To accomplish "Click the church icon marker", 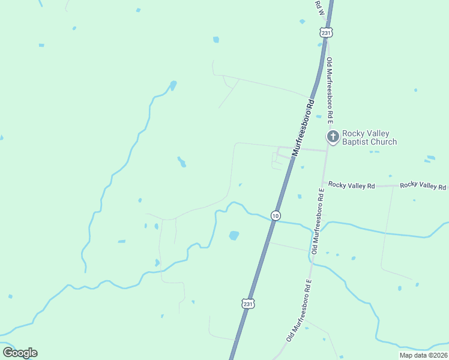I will tap(332, 137).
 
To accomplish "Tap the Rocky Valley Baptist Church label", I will tap(369, 138).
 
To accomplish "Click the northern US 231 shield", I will tap(325, 33).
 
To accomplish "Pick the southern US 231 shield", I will tap(249, 304).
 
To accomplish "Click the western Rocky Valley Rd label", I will tap(351, 186).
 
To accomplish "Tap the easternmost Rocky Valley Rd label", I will tap(423, 185).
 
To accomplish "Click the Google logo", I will tap(20, 353).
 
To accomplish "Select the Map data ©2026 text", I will tap(424, 355).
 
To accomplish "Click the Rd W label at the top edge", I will tap(320, 8).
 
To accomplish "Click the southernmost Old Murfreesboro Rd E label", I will tap(300, 310).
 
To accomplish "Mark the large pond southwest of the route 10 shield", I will tap(234, 235).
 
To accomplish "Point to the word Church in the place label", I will tap(384, 142).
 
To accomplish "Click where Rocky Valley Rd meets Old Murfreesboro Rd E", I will tap(323, 182).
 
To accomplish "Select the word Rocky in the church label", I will tap(353, 134).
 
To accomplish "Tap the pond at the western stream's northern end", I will tap(173, 85).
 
